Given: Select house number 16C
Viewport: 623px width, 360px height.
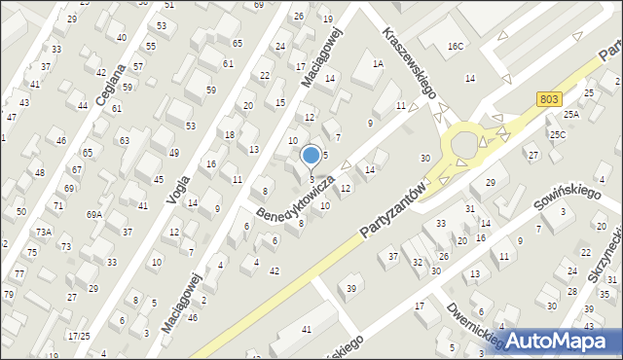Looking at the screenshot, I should point(456,47).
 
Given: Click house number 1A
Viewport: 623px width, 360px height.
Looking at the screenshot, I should point(378,63).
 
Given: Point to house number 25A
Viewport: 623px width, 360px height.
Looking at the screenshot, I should point(570,115).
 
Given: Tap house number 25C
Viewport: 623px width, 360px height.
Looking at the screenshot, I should point(557,134).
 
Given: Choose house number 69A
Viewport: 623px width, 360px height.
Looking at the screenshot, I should point(94,214).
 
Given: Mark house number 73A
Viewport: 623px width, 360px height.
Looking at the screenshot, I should point(44,232).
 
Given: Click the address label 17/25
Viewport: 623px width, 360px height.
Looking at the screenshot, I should point(79,336).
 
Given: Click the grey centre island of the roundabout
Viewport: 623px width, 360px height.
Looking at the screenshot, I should point(465,146).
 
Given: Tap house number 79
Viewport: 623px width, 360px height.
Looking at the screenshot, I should point(8,294).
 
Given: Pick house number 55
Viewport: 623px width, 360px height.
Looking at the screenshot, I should point(151,46).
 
